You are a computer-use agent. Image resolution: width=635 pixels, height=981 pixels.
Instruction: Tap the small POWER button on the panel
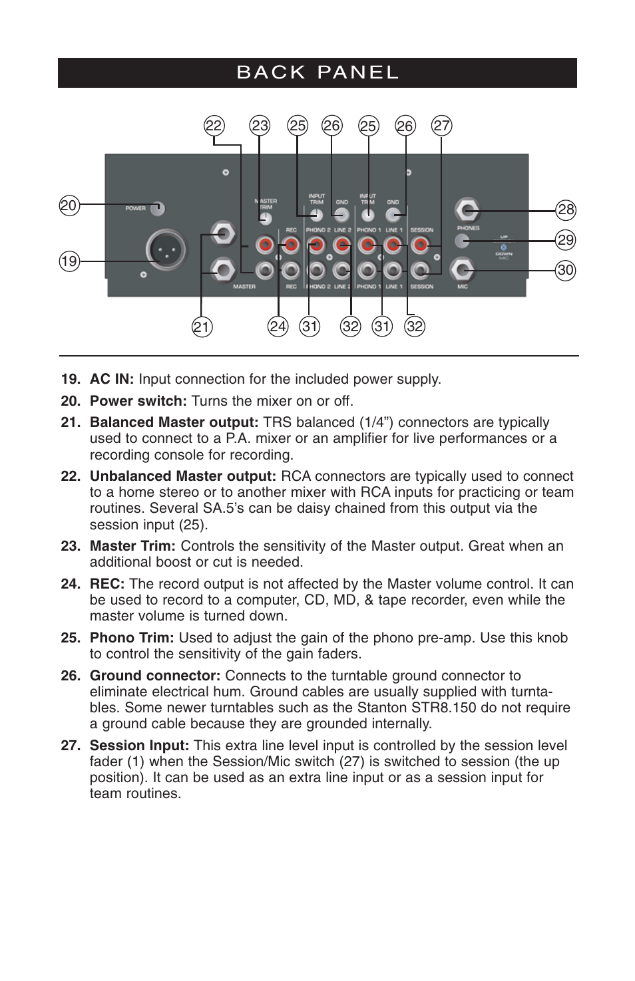click(x=157, y=208)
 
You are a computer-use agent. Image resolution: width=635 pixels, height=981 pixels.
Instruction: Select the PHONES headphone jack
click(x=467, y=211)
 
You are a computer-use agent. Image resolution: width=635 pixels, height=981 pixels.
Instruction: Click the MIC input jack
click(x=462, y=270)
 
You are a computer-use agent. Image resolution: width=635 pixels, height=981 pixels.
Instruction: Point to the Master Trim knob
click(x=265, y=218)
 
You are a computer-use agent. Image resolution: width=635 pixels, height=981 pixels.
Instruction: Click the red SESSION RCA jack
click(x=420, y=245)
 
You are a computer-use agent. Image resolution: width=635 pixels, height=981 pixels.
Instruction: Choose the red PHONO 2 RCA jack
click(x=317, y=245)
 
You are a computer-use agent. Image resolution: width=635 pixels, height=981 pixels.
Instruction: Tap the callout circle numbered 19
click(x=69, y=261)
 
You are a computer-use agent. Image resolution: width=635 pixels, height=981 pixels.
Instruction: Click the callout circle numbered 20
click(x=69, y=206)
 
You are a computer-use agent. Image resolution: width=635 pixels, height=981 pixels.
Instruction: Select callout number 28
click(x=565, y=210)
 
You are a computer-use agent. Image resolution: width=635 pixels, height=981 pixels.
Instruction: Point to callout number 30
click(x=565, y=270)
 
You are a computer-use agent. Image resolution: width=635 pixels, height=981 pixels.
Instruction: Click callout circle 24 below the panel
click(x=278, y=327)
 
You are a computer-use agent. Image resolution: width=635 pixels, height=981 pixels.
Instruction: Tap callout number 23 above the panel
click(x=260, y=126)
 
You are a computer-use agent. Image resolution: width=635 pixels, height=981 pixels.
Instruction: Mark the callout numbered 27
click(x=441, y=126)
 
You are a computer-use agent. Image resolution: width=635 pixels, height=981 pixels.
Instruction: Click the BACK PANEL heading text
click(x=317, y=72)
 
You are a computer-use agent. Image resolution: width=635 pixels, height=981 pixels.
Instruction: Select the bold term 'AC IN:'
click(x=112, y=379)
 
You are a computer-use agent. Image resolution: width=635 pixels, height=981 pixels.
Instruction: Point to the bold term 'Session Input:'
click(x=140, y=746)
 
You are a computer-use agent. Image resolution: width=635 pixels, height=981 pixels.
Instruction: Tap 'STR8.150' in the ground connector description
click(x=447, y=708)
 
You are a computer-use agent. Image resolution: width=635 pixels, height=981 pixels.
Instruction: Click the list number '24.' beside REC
click(x=70, y=584)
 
